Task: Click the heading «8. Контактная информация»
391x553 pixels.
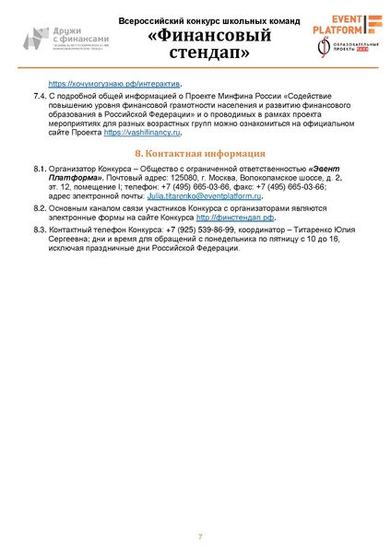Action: [x=200, y=153]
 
